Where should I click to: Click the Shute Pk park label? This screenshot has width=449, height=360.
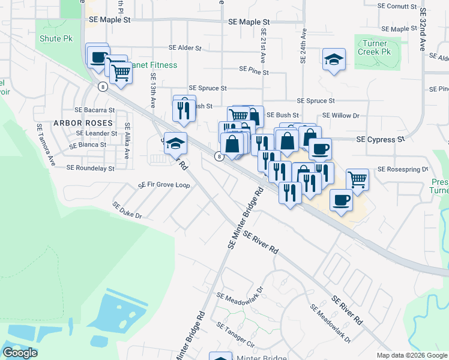tap(56, 38)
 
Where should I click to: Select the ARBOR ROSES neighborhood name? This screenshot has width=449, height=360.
tap(83, 123)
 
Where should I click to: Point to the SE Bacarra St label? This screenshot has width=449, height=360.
tap(94, 110)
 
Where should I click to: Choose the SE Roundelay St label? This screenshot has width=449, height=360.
tap(90, 169)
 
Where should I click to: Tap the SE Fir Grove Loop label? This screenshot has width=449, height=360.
tap(164, 185)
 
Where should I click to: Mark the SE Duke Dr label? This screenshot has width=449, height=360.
tap(127, 210)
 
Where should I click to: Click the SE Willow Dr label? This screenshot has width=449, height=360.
tap(340, 115)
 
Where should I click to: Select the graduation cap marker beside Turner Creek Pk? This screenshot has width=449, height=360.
tap(334, 60)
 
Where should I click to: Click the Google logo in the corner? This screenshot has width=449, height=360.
tap(20, 353)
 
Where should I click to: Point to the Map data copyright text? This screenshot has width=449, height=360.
tap(411, 355)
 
